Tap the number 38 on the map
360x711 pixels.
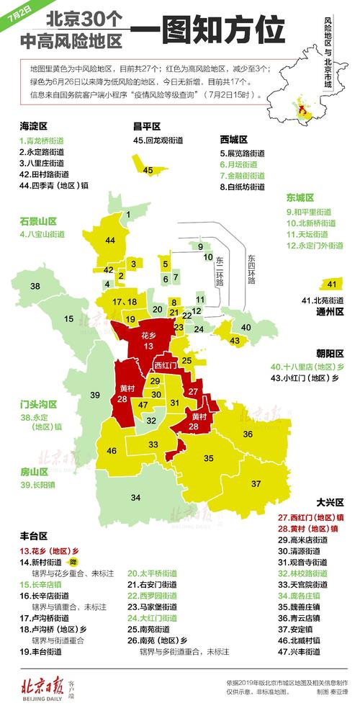[x=35, y=287]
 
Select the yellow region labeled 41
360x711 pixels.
[x=330, y=284]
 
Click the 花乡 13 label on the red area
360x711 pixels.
[x=148, y=341]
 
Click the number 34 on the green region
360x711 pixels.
[x=135, y=497]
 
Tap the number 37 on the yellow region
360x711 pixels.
[x=256, y=483]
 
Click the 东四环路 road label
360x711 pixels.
[x=251, y=269]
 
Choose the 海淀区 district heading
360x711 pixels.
[x=33, y=126]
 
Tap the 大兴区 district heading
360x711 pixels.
[x=330, y=501]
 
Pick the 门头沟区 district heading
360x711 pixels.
[x=38, y=406]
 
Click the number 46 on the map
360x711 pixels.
[x=112, y=451]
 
